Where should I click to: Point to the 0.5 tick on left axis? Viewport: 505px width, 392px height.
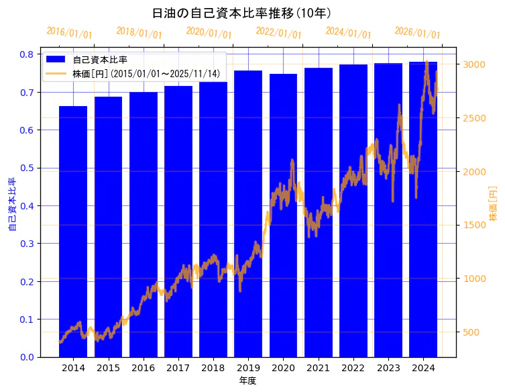pos(27,168)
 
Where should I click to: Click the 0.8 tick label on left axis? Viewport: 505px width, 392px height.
pos(27,54)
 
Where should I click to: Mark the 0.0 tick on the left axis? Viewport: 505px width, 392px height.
pos(27,357)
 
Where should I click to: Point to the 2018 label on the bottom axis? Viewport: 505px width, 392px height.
pos(213,369)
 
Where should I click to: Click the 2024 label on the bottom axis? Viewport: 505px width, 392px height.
pos(423,369)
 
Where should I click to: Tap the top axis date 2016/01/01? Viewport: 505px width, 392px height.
pos(69,33)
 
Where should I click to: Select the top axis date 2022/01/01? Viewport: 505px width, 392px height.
pos(278,33)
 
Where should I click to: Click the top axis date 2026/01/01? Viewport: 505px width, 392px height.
pos(417,33)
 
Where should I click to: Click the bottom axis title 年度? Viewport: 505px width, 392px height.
pos(248,381)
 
